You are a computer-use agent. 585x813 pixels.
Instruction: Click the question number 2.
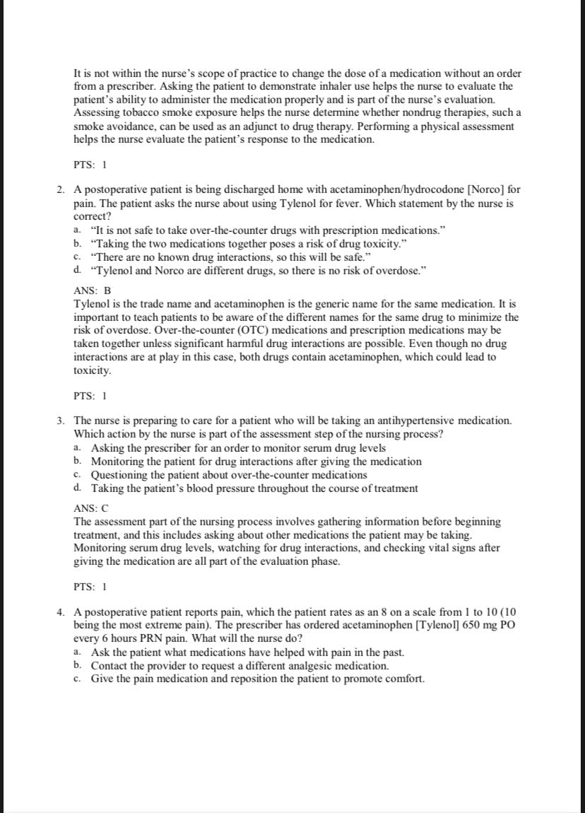[61, 190]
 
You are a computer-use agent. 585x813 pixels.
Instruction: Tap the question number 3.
[61, 421]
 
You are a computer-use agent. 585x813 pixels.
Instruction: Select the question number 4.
[61, 612]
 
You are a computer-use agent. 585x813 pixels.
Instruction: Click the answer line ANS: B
[93, 291]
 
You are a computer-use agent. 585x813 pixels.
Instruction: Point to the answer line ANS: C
[93, 508]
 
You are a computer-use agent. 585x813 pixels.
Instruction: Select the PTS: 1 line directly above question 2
[90, 165]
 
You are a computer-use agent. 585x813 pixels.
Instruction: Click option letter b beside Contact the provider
[77, 666]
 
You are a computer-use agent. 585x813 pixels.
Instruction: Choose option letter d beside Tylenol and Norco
[77, 271]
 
